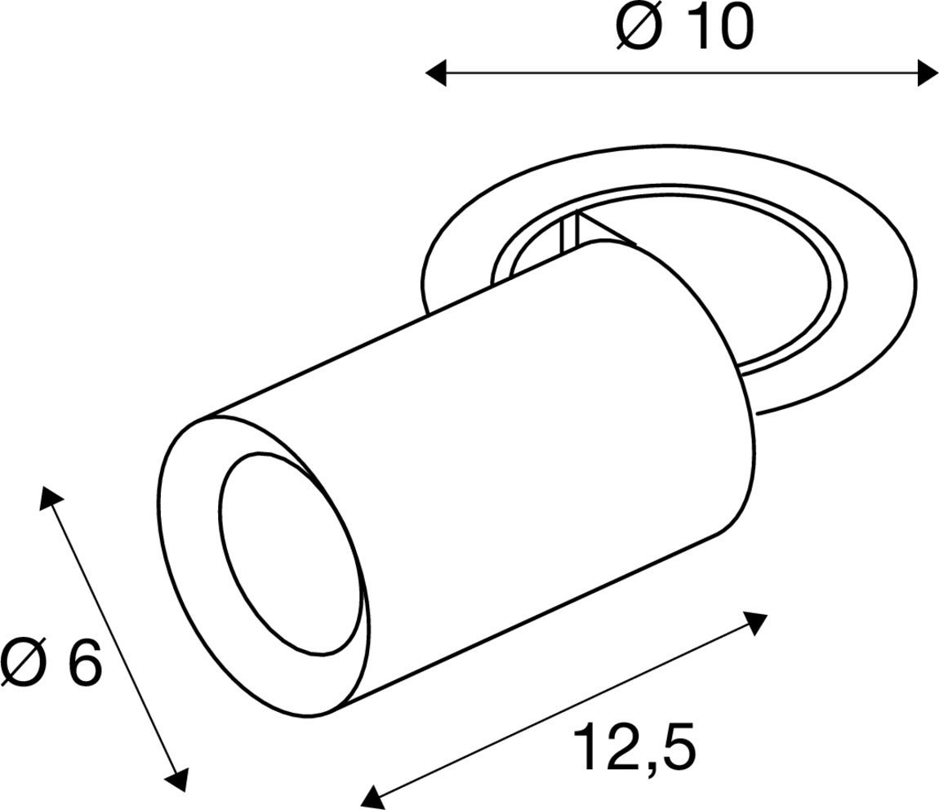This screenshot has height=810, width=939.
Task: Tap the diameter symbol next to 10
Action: point(639,29)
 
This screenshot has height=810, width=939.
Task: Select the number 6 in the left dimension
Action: point(84,662)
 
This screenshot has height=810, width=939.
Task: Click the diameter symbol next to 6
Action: point(24,662)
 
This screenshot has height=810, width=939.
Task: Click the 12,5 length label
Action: point(634,748)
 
